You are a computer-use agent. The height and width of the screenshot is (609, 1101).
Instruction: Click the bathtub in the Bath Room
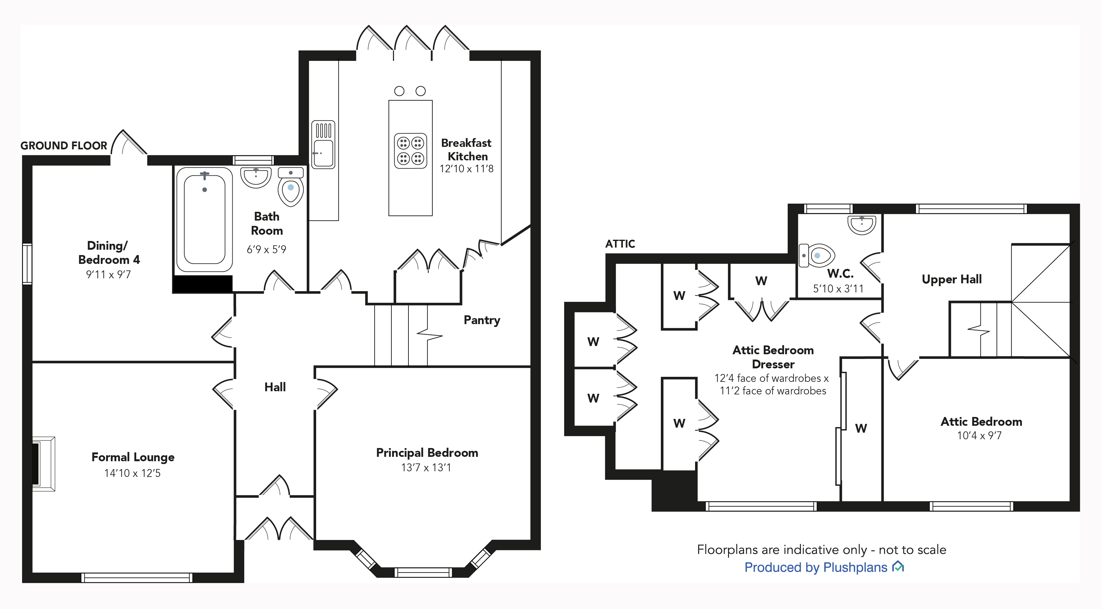coord(204,219)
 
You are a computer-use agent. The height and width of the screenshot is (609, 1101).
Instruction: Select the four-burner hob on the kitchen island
coord(410,151)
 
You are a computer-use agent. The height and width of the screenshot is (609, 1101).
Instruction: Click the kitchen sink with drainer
coord(323,144)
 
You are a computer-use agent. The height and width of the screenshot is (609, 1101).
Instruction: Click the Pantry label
coord(482,320)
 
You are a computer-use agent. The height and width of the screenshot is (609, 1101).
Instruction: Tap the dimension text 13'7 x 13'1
coord(426,467)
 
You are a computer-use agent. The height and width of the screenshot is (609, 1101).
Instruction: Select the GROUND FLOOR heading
coord(64,146)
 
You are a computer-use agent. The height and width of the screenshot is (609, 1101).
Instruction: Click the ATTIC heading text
coord(620,244)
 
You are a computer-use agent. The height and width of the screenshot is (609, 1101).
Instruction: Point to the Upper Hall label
coord(952,279)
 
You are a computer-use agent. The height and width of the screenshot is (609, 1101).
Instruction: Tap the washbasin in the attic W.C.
coord(862,224)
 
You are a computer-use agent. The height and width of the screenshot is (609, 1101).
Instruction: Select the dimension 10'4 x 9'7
coord(979,435)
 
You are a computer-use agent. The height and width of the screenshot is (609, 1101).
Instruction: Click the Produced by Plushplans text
coord(816,567)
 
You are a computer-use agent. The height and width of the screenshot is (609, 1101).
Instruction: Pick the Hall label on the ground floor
coord(275,387)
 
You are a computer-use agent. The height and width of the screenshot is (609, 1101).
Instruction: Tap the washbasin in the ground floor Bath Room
coord(256,177)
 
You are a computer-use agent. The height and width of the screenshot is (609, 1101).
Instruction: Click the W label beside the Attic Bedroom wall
coord(861,428)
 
